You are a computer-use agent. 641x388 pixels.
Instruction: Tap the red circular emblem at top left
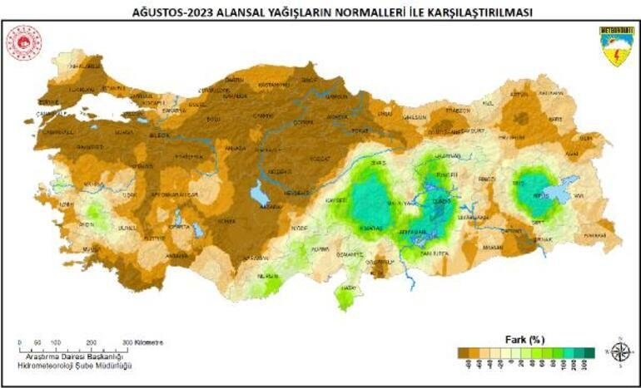coord(24,42)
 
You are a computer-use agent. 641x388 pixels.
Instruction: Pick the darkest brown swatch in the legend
coord(462,352)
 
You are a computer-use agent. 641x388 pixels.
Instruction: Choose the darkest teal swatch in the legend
coord(589,352)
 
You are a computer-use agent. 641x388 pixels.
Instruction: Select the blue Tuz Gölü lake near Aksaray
coord(260,195)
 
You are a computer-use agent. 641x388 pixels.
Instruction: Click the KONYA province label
coord(226,221)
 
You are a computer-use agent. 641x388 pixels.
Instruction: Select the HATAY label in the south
coord(345,289)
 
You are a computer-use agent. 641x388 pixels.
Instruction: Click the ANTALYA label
coord(176,255)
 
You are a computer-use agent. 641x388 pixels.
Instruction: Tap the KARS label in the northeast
coord(578,119)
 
